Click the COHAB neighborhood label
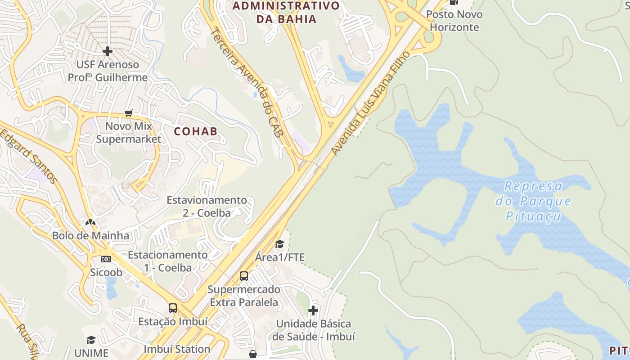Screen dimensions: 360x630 (195, 131)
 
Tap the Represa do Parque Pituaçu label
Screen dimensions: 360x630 (533, 201)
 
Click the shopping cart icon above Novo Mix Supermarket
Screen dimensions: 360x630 (129, 113)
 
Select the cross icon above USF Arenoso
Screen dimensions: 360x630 (107, 51)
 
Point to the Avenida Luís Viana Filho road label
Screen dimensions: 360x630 (372, 103)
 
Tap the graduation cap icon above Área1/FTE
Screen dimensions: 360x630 (279, 244)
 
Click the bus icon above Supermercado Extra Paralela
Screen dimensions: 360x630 (244, 276)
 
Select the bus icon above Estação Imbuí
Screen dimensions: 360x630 (173, 308)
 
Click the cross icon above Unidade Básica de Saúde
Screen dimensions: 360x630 (313, 310)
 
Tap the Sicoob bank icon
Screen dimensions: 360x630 (106, 259)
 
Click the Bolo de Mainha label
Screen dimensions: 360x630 (90, 235)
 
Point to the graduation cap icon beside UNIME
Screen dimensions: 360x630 (91, 340)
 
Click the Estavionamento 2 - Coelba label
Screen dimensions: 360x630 (207, 206)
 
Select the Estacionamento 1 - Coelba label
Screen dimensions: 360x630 (167, 261)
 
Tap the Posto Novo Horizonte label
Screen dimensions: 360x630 (454, 21)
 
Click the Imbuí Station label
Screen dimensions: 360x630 (177, 349)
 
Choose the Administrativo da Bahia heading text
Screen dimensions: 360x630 (286, 12)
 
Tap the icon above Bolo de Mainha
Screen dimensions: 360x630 (90, 222)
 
